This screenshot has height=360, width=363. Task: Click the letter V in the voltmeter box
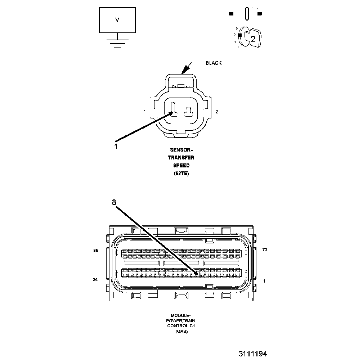coord(117,20)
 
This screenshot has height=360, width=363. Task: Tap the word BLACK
coord(214,63)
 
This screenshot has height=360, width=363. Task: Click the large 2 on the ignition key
coord(253,39)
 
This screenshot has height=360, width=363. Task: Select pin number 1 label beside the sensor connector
coord(144,112)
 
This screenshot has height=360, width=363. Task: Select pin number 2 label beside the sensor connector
coord(217,112)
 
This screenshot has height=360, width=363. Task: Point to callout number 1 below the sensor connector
coord(116,146)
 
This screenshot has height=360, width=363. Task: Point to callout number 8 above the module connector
coord(114,202)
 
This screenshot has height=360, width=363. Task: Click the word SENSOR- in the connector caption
coord(181,150)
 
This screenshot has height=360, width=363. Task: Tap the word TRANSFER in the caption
coord(181,158)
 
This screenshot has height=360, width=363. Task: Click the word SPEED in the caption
coord(181,166)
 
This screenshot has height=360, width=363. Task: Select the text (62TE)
coord(181,174)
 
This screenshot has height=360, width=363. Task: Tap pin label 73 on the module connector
coord(264,250)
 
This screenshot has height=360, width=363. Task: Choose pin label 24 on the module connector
coord(95,279)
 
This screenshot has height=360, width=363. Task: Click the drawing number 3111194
coord(252,354)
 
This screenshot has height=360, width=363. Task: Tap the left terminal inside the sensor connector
coord(173,110)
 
